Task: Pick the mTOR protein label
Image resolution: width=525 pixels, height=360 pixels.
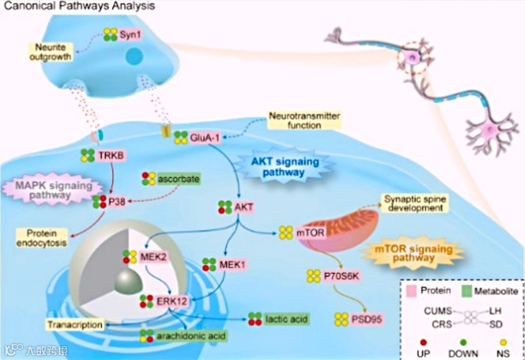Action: tap(310, 233)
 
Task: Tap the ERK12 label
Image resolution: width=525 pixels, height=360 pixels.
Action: tap(172, 301)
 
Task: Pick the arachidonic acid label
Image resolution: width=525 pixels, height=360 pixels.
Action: tap(192, 335)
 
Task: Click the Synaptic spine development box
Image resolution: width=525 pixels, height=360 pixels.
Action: tap(413, 203)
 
